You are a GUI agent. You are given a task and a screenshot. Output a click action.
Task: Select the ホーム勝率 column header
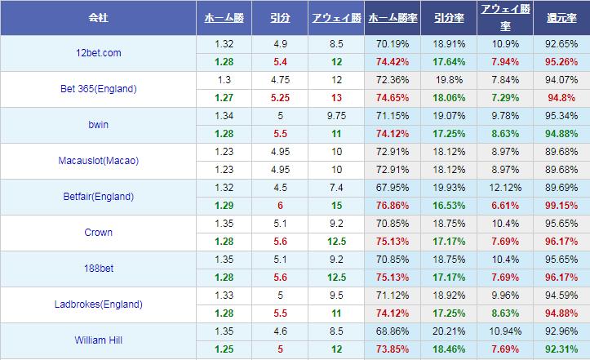[x=393, y=17]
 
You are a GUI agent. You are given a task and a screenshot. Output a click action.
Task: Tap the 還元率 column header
[x=561, y=17]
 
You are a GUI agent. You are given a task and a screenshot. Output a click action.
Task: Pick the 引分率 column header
[x=449, y=17]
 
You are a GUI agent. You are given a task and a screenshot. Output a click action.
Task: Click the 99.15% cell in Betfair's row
[x=561, y=206]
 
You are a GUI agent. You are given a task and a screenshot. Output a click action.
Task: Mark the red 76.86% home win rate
[x=393, y=206]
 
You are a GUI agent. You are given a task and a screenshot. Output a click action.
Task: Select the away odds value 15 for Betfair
[x=337, y=206]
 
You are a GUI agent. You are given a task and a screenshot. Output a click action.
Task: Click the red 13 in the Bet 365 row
[x=337, y=98]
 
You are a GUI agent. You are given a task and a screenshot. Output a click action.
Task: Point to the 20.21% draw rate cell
[x=449, y=331]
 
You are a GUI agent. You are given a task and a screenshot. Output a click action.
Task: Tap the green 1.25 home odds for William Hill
[x=224, y=349]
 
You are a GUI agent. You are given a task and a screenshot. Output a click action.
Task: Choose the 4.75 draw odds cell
[x=281, y=80]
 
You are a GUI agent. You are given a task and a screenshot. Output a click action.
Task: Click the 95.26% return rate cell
[x=561, y=62]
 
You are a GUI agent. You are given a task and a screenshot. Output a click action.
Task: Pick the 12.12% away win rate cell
[x=504, y=188]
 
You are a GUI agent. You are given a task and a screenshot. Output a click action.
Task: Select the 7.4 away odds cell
[x=337, y=188]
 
